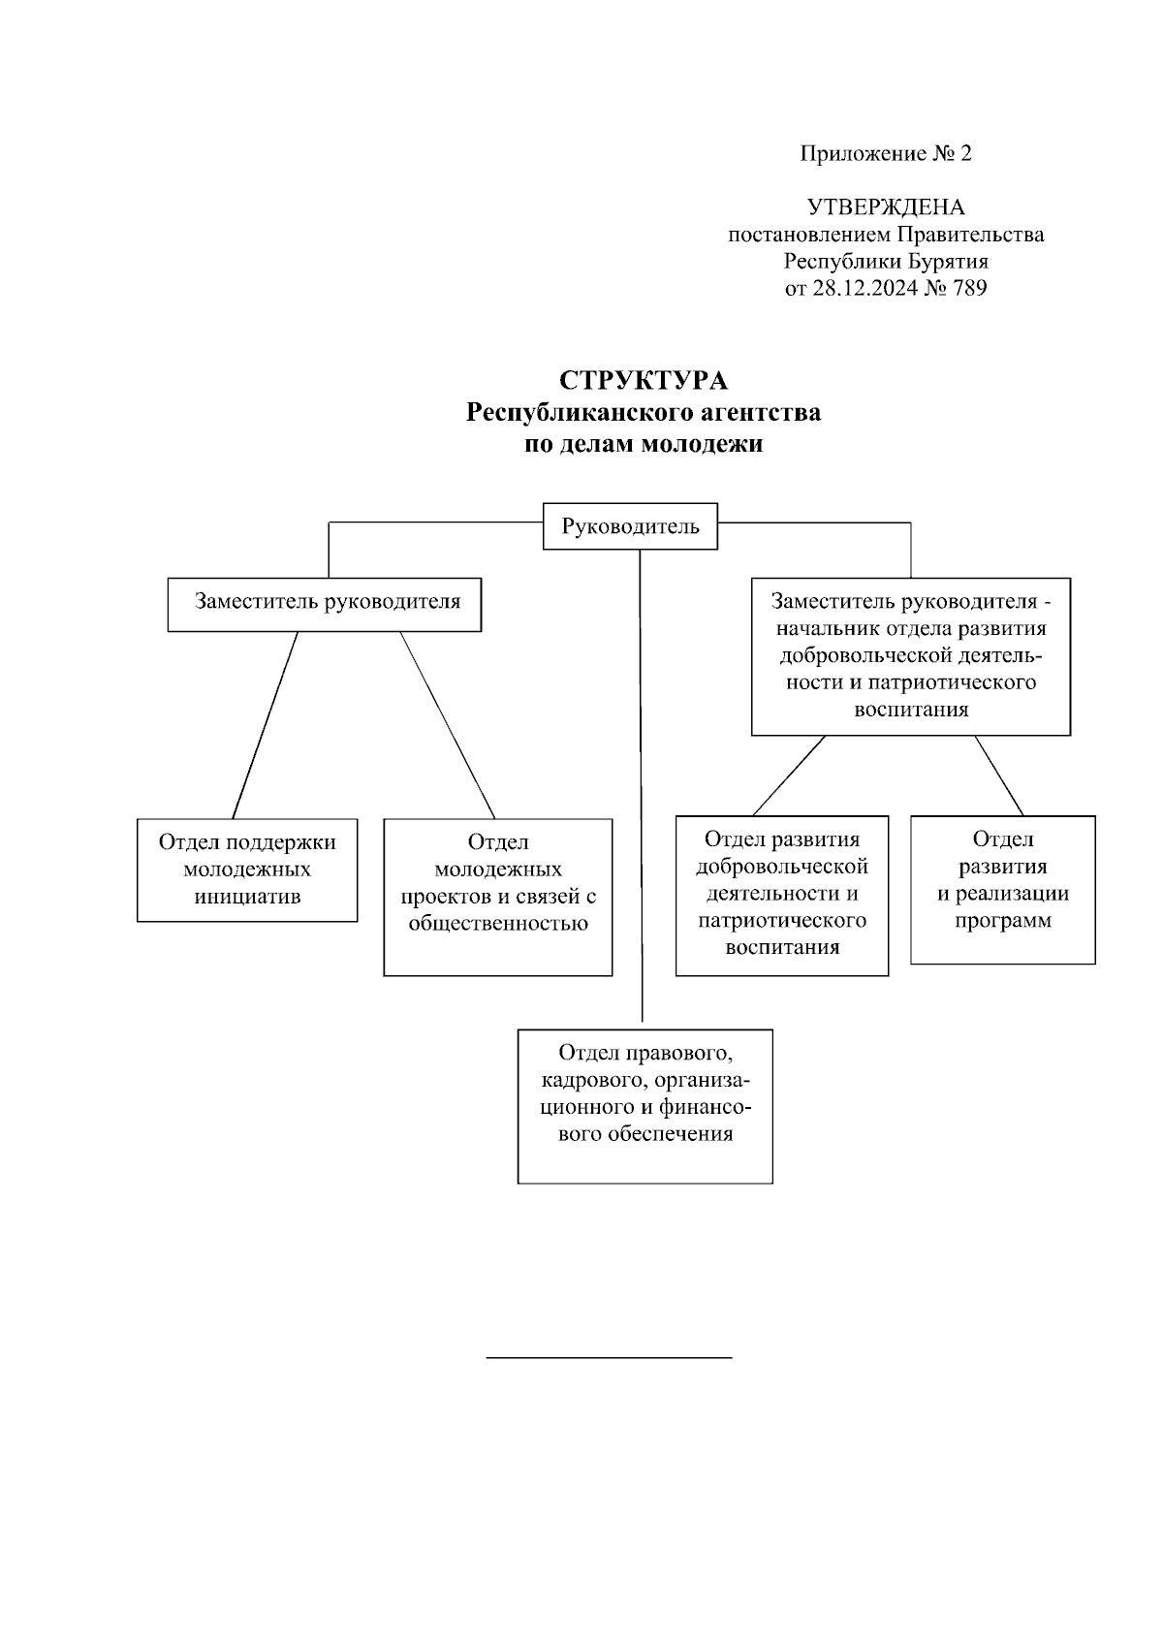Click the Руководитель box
click(630, 526)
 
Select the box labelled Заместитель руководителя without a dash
click(325, 604)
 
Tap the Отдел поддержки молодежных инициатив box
click(247, 869)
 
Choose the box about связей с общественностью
click(498, 896)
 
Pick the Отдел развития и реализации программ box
click(1003, 890)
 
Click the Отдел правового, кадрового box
click(644, 1105)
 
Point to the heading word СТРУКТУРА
click(644, 380)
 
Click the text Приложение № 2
click(886, 153)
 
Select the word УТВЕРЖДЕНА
click(886, 207)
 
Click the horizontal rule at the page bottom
click(609, 1358)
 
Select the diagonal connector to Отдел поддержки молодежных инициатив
click(265, 725)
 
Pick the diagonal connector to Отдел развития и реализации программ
click(999, 776)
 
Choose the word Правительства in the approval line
click(970, 235)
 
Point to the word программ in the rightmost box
click(1003, 921)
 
